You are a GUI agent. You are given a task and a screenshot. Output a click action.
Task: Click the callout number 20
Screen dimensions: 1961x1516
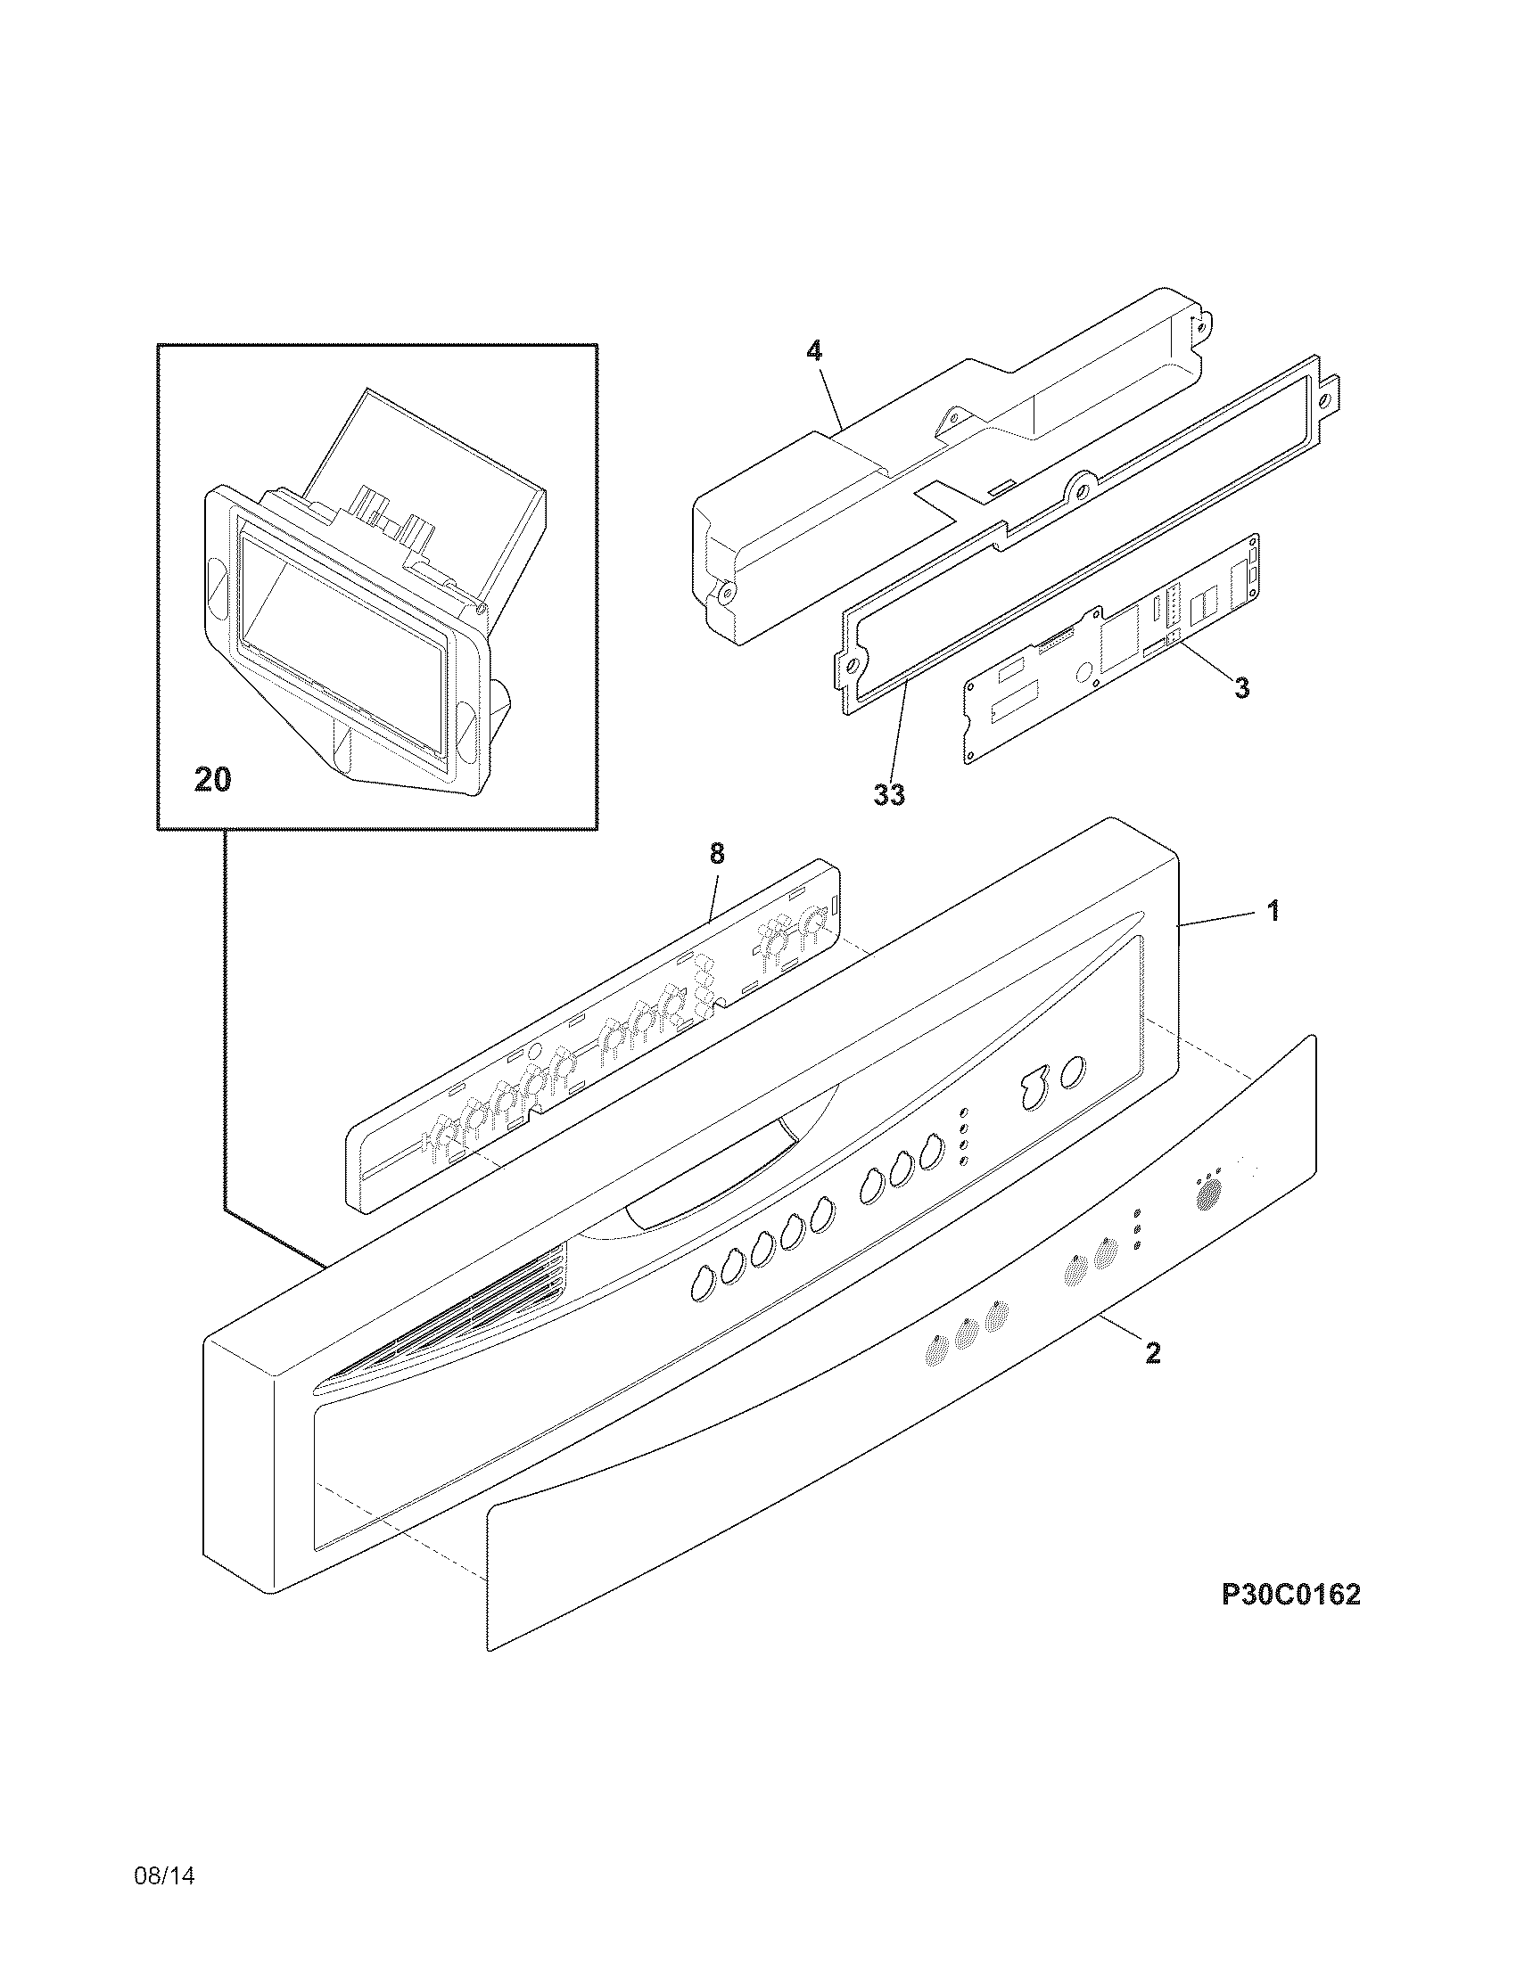213,779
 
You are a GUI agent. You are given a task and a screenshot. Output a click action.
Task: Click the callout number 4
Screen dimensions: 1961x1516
813,351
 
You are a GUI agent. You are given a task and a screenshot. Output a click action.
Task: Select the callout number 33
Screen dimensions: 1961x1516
889,793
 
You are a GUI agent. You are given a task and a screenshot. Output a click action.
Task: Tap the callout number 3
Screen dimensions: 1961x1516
1241,688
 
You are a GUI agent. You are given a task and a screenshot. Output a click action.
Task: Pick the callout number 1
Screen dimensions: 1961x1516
1272,911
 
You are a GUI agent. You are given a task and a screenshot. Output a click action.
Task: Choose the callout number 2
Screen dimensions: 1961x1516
1153,1377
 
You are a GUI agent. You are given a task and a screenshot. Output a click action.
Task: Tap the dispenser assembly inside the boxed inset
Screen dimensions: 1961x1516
359,602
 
